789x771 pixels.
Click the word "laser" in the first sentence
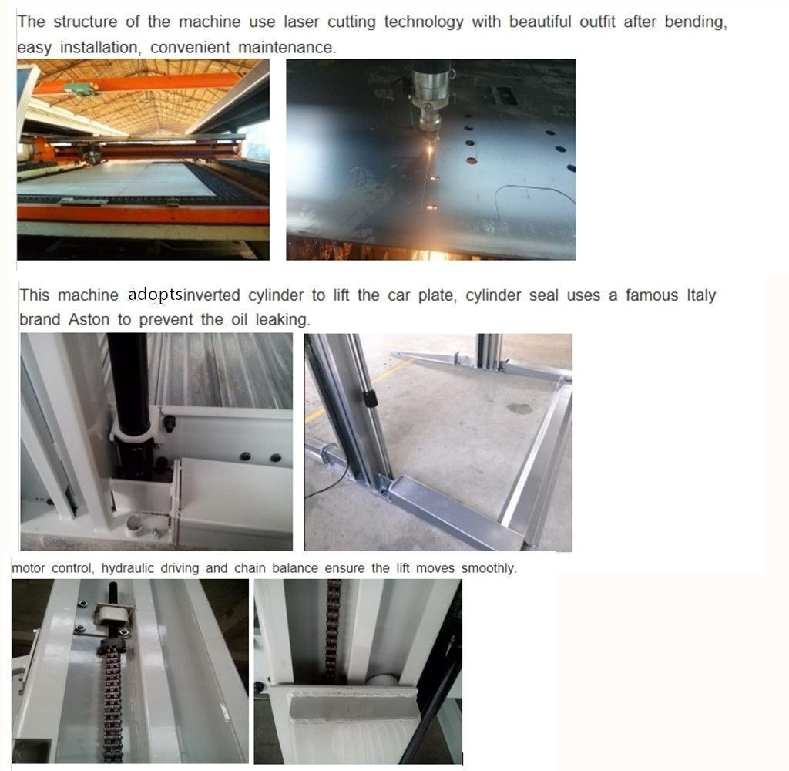(x=301, y=22)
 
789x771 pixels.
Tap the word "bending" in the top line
(x=696, y=22)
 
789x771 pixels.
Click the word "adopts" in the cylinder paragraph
(x=155, y=295)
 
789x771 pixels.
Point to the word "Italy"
(x=701, y=295)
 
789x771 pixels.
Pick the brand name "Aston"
(x=89, y=319)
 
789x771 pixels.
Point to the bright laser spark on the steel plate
(x=430, y=150)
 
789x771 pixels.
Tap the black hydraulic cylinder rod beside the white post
(x=129, y=382)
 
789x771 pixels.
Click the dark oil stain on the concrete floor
(x=519, y=409)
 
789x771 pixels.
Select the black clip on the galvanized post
(x=370, y=398)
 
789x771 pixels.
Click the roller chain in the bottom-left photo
(x=112, y=705)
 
